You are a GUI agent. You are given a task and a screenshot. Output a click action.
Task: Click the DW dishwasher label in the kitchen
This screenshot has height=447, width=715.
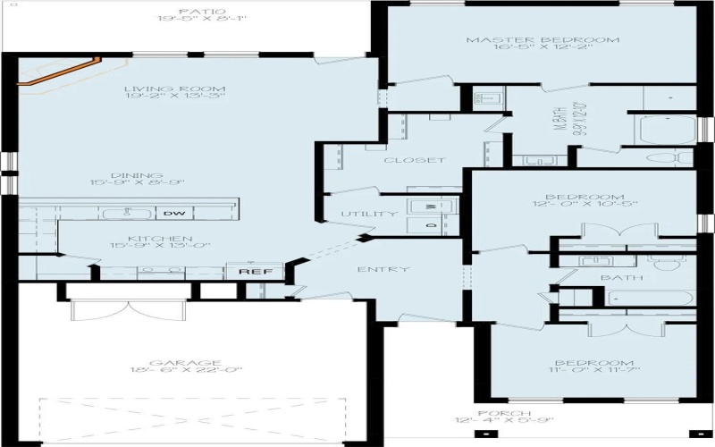pos(172,214)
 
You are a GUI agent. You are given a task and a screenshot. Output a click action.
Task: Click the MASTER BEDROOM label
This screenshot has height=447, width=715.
pos(543,40)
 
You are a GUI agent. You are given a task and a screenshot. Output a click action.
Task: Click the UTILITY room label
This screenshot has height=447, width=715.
pos(369,215)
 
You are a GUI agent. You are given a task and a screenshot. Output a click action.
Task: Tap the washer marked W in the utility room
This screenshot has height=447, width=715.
pos(431,207)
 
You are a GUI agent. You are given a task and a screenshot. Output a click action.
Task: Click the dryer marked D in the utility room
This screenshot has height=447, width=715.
pos(431,226)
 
